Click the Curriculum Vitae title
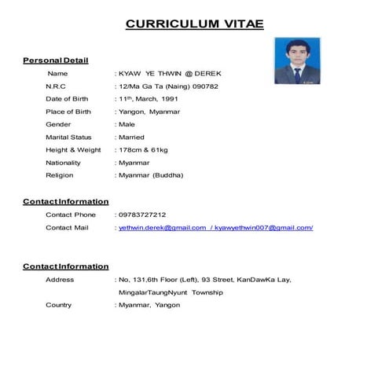point(194,24)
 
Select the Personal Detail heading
point(56,61)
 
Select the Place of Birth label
point(68,112)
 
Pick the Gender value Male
point(127,124)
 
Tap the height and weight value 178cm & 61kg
point(146,149)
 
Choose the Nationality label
point(64,163)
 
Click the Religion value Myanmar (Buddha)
point(152,175)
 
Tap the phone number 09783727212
point(143,215)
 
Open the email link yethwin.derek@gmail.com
point(162,227)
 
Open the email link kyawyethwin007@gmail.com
point(263,227)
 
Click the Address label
point(60,279)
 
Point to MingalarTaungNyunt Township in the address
point(171,292)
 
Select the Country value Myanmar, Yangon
point(149,305)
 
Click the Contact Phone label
point(71,215)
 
